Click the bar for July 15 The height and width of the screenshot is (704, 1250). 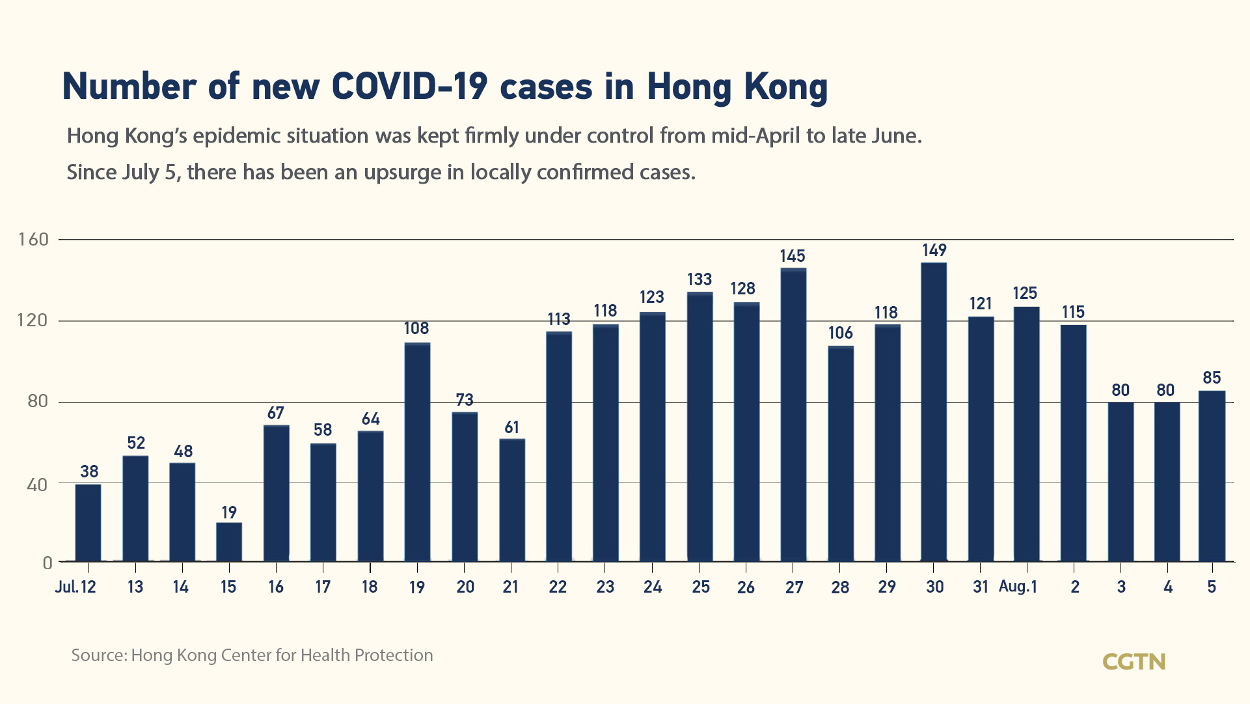click(229, 542)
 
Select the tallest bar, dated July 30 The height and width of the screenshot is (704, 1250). click(934, 412)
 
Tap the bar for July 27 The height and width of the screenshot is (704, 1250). click(793, 414)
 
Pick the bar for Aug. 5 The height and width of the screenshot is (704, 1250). click(1212, 475)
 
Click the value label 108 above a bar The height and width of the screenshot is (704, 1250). click(416, 328)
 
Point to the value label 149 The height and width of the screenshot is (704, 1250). click(934, 250)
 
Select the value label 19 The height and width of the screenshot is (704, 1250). click(229, 513)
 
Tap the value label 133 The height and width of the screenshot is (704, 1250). click(700, 279)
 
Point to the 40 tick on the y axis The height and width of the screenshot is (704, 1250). click(37, 485)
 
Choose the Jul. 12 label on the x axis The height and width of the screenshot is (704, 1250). click(75, 587)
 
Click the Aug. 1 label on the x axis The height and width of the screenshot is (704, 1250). click(1018, 587)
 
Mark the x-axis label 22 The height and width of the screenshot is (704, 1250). click(558, 587)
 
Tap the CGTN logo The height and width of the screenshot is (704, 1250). click(1134, 662)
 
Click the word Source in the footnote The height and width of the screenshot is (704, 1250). click(99, 655)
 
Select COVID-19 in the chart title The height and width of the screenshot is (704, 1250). click(409, 87)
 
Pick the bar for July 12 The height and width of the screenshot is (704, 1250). click(88, 522)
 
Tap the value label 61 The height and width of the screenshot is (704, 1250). click(512, 427)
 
